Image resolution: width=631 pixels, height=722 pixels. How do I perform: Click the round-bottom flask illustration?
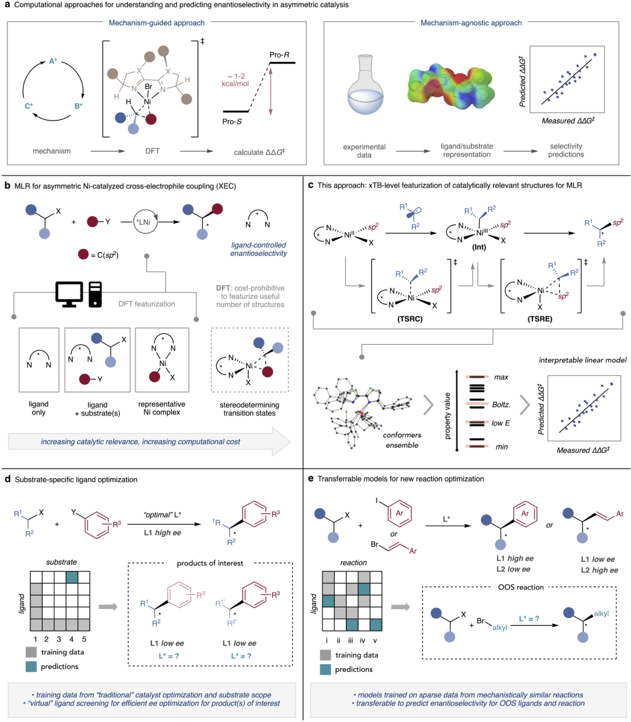(365, 86)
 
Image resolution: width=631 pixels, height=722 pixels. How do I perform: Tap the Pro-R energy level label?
(279, 55)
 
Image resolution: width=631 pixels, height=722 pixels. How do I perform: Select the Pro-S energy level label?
(232, 122)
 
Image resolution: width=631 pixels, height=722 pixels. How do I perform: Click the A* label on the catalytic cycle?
(53, 61)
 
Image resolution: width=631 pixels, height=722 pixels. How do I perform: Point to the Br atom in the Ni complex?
(148, 87)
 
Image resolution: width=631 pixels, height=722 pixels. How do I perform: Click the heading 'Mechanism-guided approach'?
(157, 23)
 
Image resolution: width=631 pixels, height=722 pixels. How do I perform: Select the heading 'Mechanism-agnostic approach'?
(471, 23)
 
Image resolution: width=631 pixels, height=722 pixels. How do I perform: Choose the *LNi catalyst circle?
(145, 222)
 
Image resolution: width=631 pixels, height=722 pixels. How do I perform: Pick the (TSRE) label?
(539, 319)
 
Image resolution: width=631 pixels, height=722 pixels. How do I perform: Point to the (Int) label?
(479, 247)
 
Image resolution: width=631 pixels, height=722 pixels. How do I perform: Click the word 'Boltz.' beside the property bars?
(501, 404)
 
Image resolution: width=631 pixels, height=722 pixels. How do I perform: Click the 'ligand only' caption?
(39, 408)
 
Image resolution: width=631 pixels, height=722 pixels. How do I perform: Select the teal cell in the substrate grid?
(72, 577)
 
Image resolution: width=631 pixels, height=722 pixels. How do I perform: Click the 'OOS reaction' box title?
(521, 587)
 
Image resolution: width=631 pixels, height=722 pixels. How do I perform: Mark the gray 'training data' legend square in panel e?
(326, 655)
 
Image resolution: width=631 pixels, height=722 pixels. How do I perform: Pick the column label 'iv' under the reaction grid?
(362, 640)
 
